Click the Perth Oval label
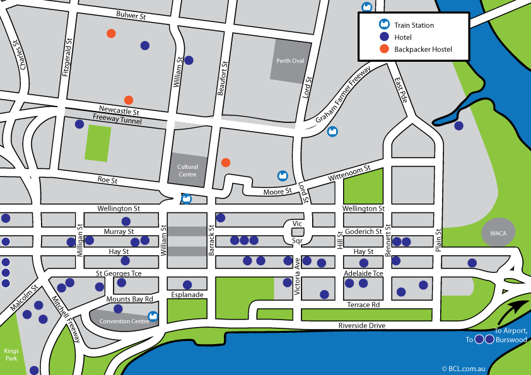pos(291,61)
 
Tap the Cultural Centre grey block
pos(187,171)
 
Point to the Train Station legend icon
pos(383,25)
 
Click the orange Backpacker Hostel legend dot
pos(383,49)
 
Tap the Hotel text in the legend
pos(403,37)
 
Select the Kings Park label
pos(11,354)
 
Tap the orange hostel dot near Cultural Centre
pos(226,163)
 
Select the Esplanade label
pos(187,294)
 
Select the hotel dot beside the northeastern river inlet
pos(458,125)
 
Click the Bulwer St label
pos(131,14)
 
